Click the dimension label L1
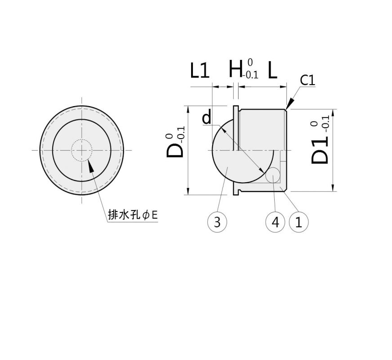pos(200,71)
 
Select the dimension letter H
pos(235,69)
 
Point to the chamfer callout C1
pos(308,81)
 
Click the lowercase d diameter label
pos(206,118)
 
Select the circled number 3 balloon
pos(217,222)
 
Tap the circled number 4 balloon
pos(276,222)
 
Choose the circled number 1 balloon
pos(298,222)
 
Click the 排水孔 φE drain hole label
pos(133,215)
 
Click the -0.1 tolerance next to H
pos(250,75)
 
